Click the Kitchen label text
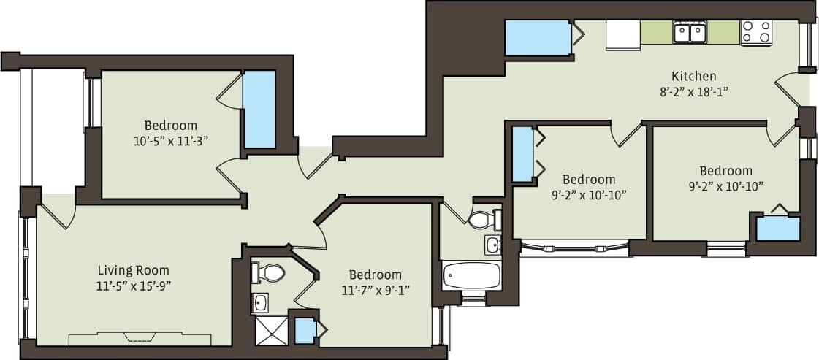(693, 76)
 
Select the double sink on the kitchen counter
(690, 32)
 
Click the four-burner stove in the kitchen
(756, 32)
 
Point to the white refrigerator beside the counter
(622, 34)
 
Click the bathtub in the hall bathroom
(471, 276)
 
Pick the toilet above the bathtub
(483, 219)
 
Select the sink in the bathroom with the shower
(260, 302)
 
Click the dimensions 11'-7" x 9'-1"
(375, 290)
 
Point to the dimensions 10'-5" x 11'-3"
(170, 140)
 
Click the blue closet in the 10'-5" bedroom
(259, 110)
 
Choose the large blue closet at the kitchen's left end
(538, 37)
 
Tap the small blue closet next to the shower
(305, 331)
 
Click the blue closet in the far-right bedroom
(777, 229)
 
